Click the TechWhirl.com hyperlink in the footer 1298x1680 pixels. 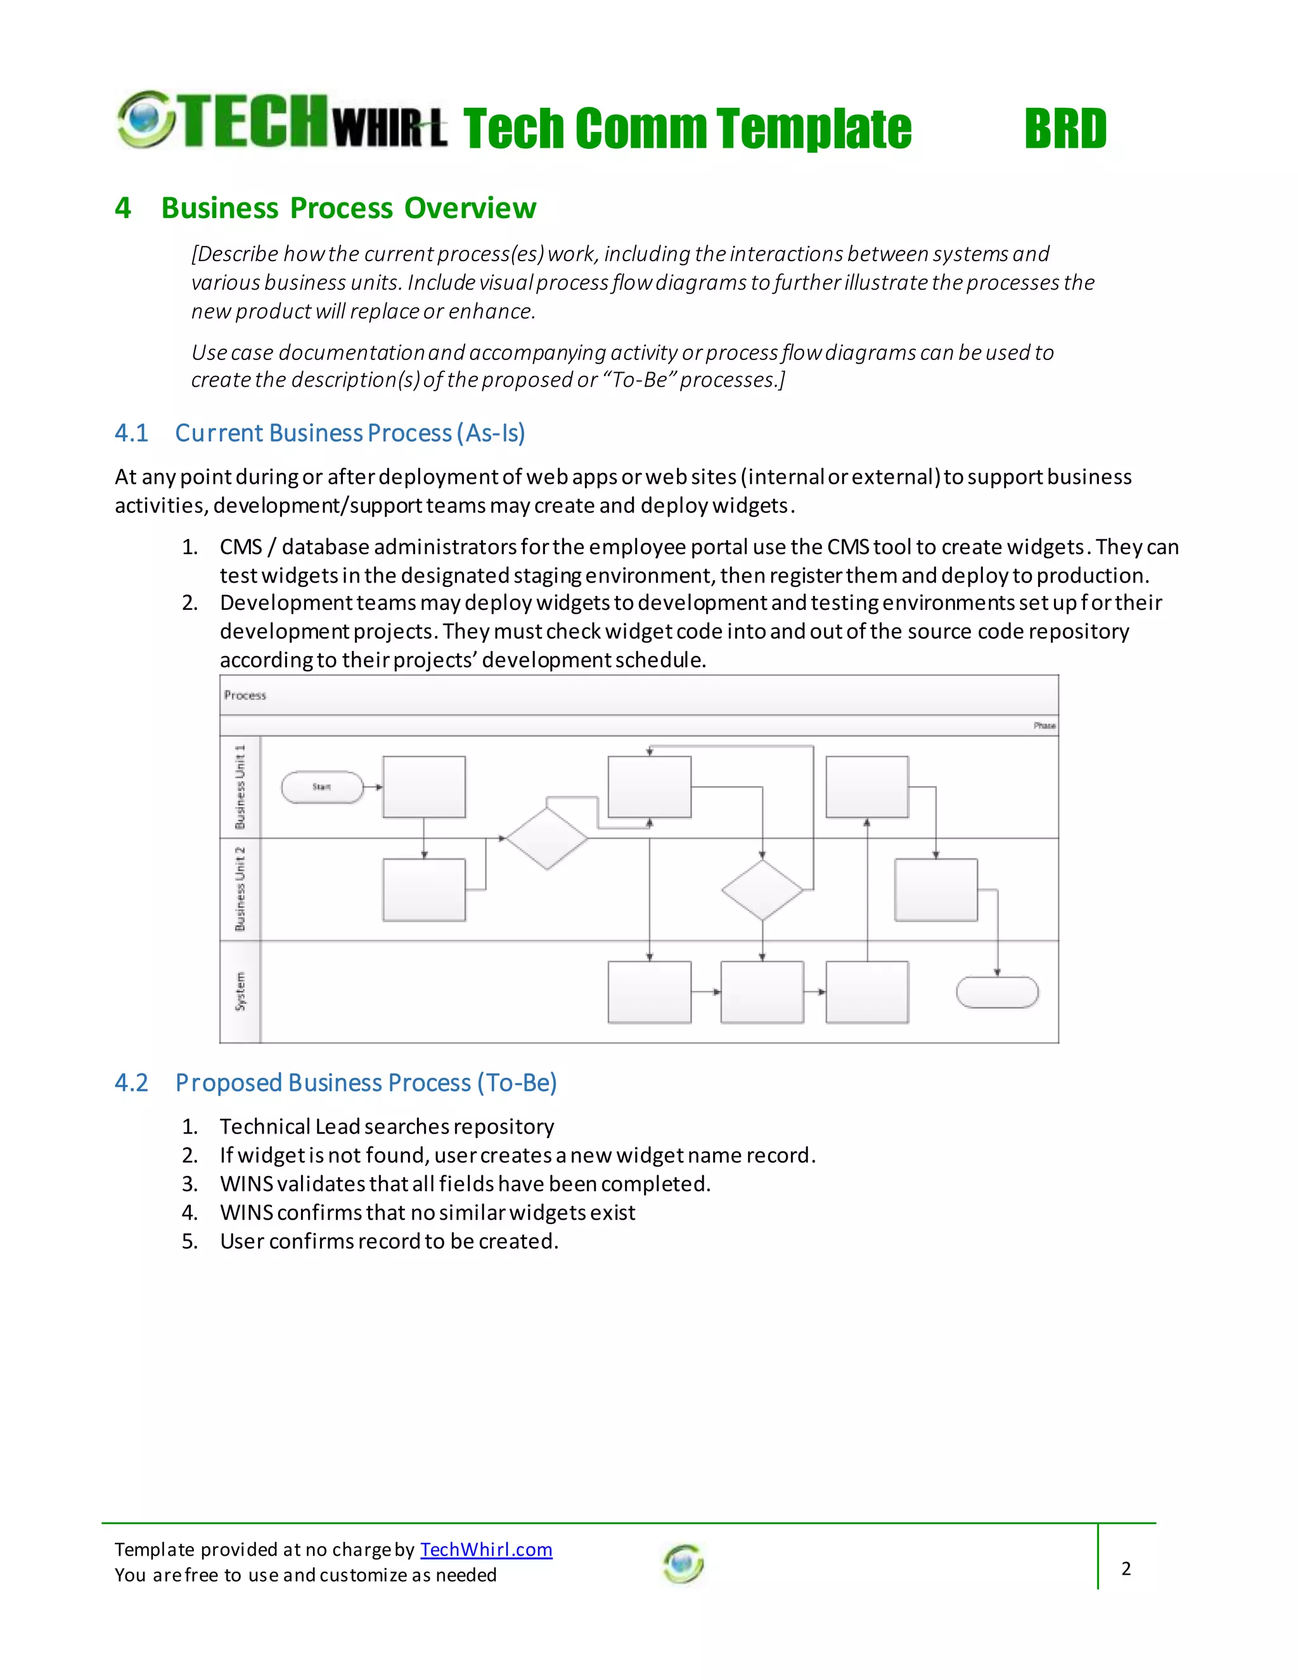tap(486, 1549)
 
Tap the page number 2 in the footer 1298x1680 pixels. tap(1126, 1568)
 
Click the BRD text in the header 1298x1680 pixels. tap(1065, 129)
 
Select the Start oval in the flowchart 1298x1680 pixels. tap(322, 787)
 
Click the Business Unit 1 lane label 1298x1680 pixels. tap(240, 786)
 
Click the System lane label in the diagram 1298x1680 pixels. tap(240, 991)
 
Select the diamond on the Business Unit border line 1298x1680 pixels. tap(547, 837)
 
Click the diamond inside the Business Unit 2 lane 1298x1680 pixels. tap(762, 890)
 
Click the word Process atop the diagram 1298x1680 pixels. tap(245, 695)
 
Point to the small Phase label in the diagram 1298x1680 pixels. tap(1044, 725)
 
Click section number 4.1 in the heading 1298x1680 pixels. tap(131, 433)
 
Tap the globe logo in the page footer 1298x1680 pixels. tap(683, 1563)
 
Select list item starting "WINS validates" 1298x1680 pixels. tap(465, 1184)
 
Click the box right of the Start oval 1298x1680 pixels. tap(424, 786)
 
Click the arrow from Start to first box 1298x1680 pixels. tap(373, 787)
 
